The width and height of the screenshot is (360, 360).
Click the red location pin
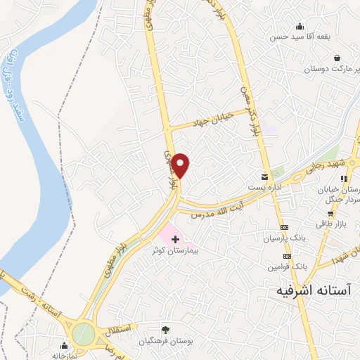coord(181,165)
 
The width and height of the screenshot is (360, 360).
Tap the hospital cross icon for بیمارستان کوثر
coord(175,240)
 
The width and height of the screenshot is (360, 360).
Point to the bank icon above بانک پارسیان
coord(284,228)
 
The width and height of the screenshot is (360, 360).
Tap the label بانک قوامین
coord(288,267)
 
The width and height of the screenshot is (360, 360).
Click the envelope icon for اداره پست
coord(264,176)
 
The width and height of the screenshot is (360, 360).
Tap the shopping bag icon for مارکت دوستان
coord(337,58)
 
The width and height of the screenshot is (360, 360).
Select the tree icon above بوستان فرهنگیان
coord(166,329)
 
